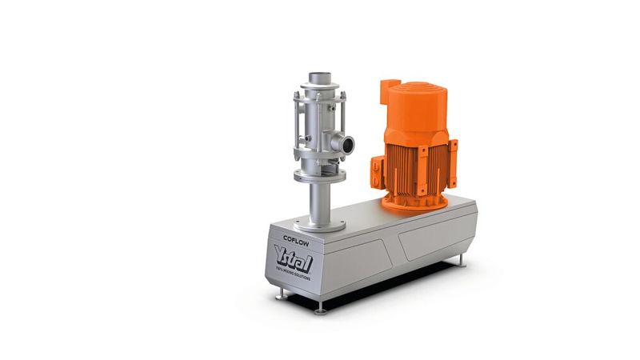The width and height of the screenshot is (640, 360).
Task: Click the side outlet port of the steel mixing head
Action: [349, 145]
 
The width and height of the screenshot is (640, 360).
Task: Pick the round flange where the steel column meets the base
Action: [318, 222]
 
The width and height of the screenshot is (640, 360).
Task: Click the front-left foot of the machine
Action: [282, 296]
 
